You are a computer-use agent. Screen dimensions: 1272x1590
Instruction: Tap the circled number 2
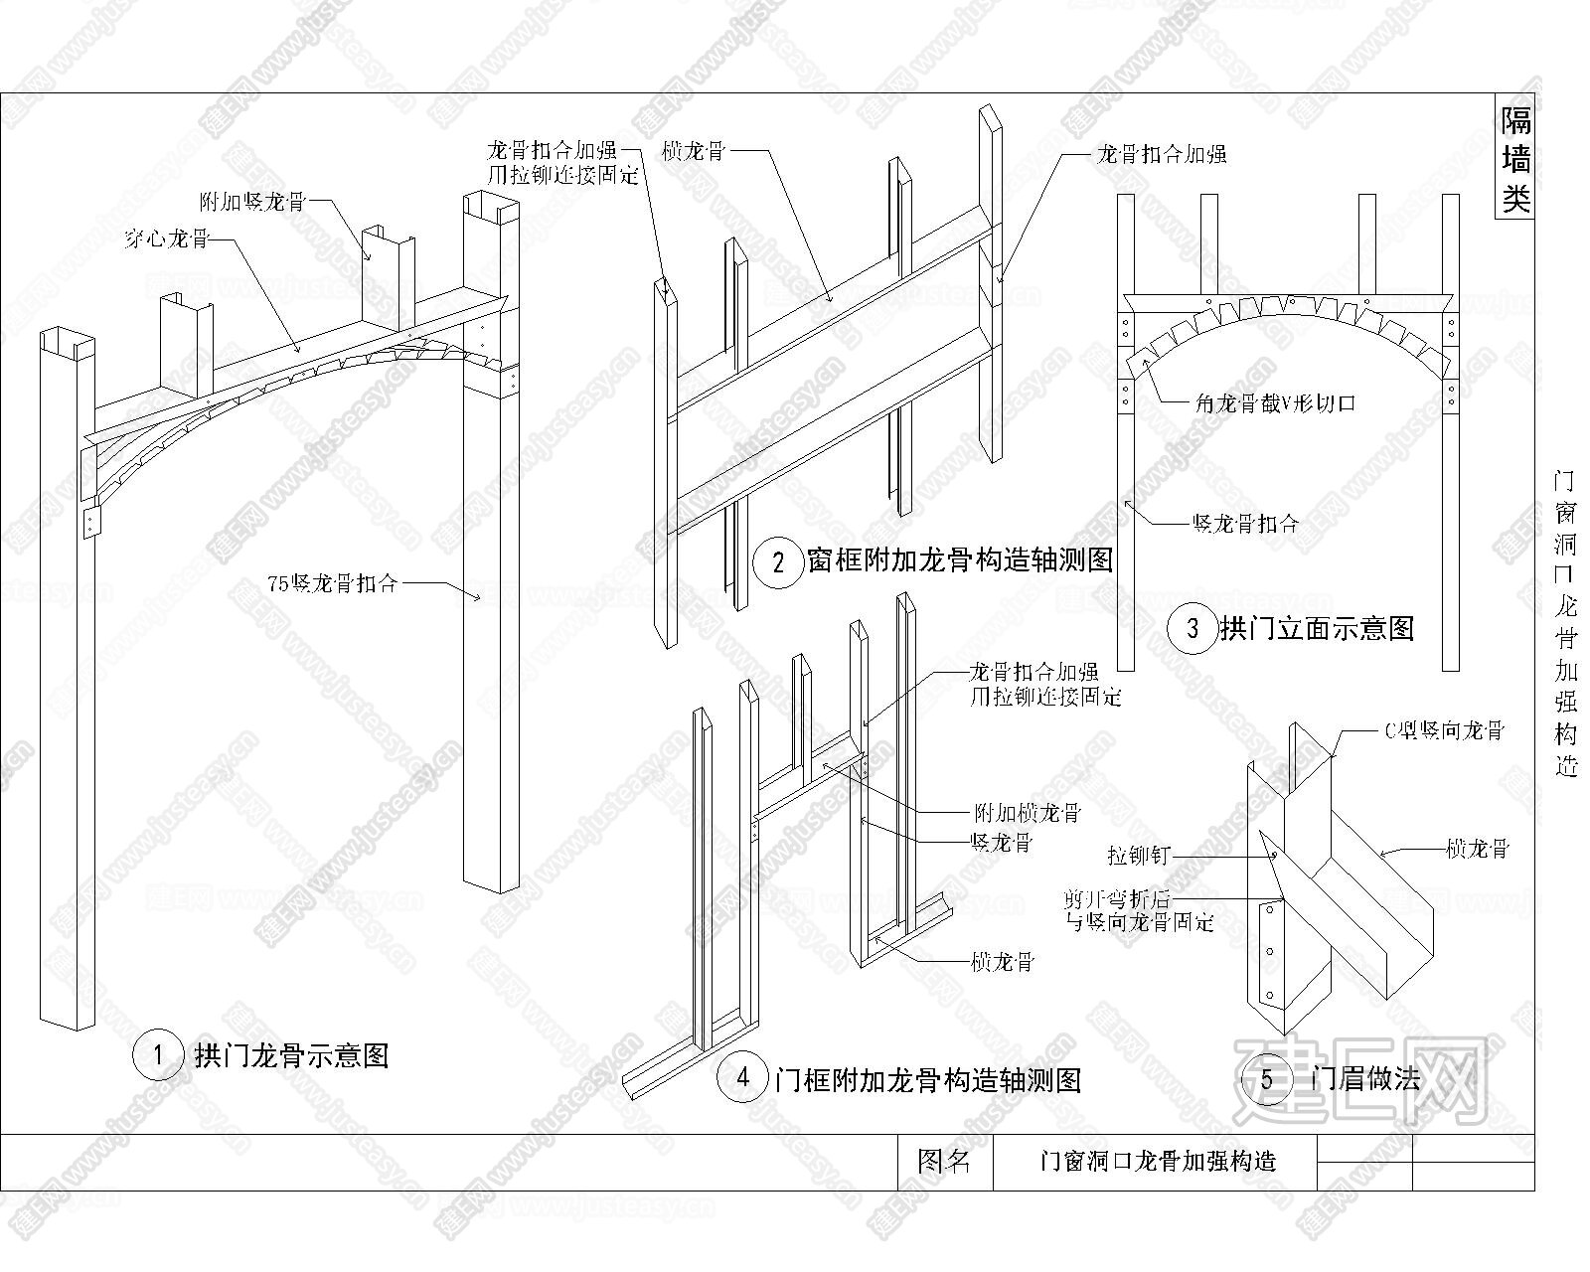(779, 563)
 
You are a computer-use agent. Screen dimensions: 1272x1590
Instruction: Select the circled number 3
(1192, 628)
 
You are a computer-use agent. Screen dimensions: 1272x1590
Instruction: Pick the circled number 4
(743, 1077)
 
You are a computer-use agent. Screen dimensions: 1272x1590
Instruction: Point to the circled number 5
(1266, 1079)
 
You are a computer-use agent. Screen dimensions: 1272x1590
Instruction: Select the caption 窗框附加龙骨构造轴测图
(960, 560)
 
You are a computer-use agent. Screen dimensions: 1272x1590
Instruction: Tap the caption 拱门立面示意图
(1317, 628)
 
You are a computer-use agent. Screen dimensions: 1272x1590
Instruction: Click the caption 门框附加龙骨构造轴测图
(927, 1078)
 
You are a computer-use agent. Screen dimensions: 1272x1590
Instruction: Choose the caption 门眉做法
(1366, 1079)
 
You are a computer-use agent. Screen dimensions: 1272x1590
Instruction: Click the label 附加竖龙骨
(252, 203)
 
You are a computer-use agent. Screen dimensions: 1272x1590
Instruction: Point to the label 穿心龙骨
(167, 238)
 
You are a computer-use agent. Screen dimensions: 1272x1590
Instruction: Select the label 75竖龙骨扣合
(332, 583)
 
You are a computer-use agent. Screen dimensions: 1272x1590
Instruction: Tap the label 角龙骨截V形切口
(1274, 402)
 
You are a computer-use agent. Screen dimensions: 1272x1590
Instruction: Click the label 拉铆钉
(1139, 854)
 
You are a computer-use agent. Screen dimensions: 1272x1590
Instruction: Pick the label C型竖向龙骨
(1445, 731)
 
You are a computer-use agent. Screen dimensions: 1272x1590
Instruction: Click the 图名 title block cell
(943, 1161)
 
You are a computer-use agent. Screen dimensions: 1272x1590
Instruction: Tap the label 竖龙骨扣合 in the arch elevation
(1244, 524)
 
